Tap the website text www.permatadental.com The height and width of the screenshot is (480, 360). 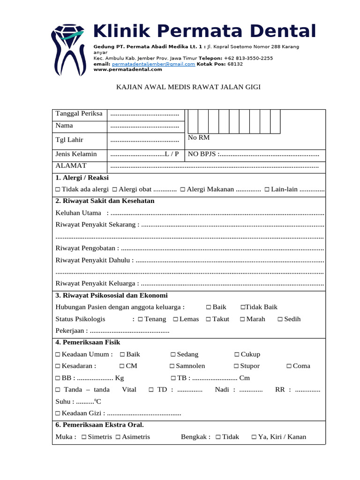coord(127,69)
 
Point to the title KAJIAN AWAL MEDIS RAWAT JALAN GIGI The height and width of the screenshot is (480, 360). coord(188,87)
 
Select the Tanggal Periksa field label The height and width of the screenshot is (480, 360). coord(79,114)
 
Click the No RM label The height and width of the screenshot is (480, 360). coord(198,137)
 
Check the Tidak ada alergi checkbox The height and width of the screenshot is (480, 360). coord(57,189)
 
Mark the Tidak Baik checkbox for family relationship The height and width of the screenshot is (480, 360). coord(243,307)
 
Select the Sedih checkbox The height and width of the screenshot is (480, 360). coord(280,319)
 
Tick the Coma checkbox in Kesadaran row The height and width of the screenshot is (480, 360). coord(289,366)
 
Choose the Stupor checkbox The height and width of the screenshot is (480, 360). coord(236,366)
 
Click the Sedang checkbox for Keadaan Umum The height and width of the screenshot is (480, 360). coord(172,354)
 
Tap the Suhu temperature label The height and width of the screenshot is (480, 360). coord(64,402)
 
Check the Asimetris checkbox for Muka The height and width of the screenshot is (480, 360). coord(118,437)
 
